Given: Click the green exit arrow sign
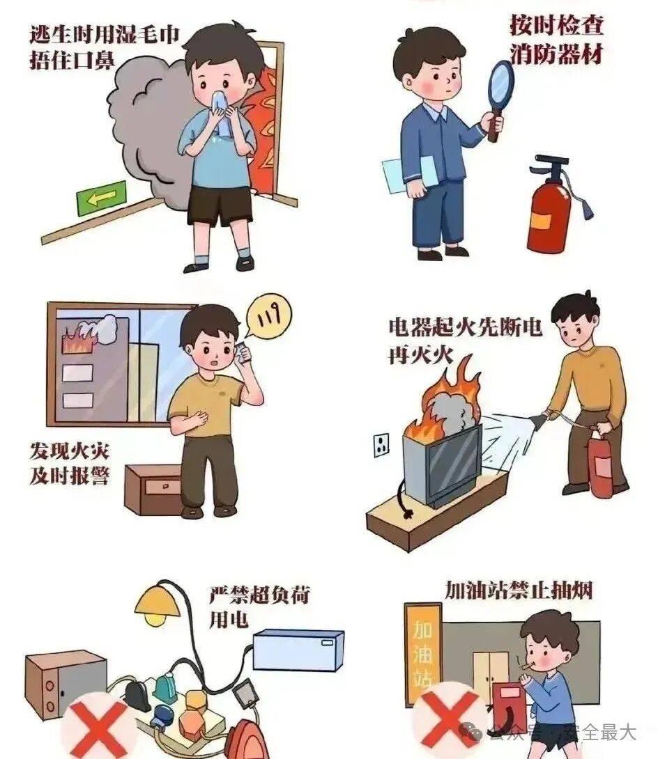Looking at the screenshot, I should [101, 198].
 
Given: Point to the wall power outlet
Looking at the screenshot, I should [381, 444].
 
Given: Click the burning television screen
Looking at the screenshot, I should [454, 462].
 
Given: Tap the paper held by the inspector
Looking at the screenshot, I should [409, 174].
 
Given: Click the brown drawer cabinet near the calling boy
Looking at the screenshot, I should [153, 487].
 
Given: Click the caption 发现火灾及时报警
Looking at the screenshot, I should [69, 463].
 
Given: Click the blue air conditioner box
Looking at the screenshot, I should [298, 649].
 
